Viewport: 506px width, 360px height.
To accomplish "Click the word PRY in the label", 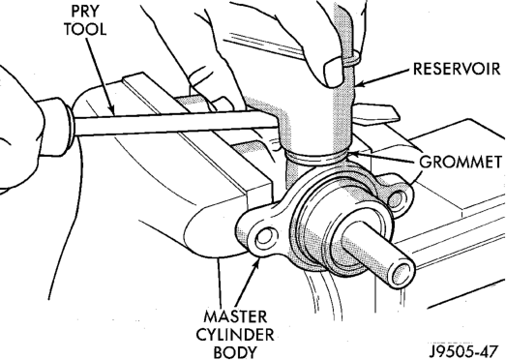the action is tap(85, 12).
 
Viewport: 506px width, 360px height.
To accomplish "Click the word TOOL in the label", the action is tap(85, 29).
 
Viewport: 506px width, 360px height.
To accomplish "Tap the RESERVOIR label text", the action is tap(457, 69).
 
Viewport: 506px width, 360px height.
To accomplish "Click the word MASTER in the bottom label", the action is tap(235, 316).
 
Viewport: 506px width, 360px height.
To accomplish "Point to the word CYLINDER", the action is tap(235, 335).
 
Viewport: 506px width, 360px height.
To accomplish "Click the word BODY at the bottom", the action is tap(235, 352).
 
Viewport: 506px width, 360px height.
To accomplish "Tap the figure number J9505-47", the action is tap(463, 350).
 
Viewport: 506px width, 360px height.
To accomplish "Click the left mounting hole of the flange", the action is tap(266, 238).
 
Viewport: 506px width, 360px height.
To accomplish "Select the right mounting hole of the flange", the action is tap(397, 198).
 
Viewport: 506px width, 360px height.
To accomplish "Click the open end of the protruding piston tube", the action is tap(402, 272).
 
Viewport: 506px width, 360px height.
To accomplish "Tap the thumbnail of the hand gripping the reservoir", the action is tap(334, 72).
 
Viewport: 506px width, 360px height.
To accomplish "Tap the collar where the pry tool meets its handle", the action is tap(70, 124).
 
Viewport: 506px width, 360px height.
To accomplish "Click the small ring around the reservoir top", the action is tap(352, 58).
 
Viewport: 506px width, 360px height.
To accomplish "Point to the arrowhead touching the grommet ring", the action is tap(353, 154).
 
